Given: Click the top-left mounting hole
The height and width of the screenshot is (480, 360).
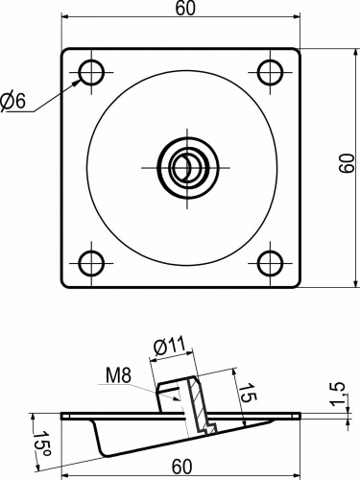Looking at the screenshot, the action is (x=92, y=73).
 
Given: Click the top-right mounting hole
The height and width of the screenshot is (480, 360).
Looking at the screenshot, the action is (x=271, y=73).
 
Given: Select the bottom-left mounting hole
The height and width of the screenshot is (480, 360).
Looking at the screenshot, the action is (x=92, y=263).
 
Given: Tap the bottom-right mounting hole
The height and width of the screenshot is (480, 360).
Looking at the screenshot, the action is (x=271, y=263).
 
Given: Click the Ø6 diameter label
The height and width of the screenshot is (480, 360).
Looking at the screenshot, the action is (x=12, y=102).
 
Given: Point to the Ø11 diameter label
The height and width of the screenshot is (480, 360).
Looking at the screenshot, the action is (x=170, y=347).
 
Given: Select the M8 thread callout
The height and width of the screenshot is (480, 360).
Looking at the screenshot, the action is (x=118, y=375).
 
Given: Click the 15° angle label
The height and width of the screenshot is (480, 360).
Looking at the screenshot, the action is (x=42, y=446).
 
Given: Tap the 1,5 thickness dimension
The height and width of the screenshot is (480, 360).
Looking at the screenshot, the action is (x=338, y=394).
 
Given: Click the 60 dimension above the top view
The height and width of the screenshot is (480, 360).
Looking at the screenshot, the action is (x=185, y=9).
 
